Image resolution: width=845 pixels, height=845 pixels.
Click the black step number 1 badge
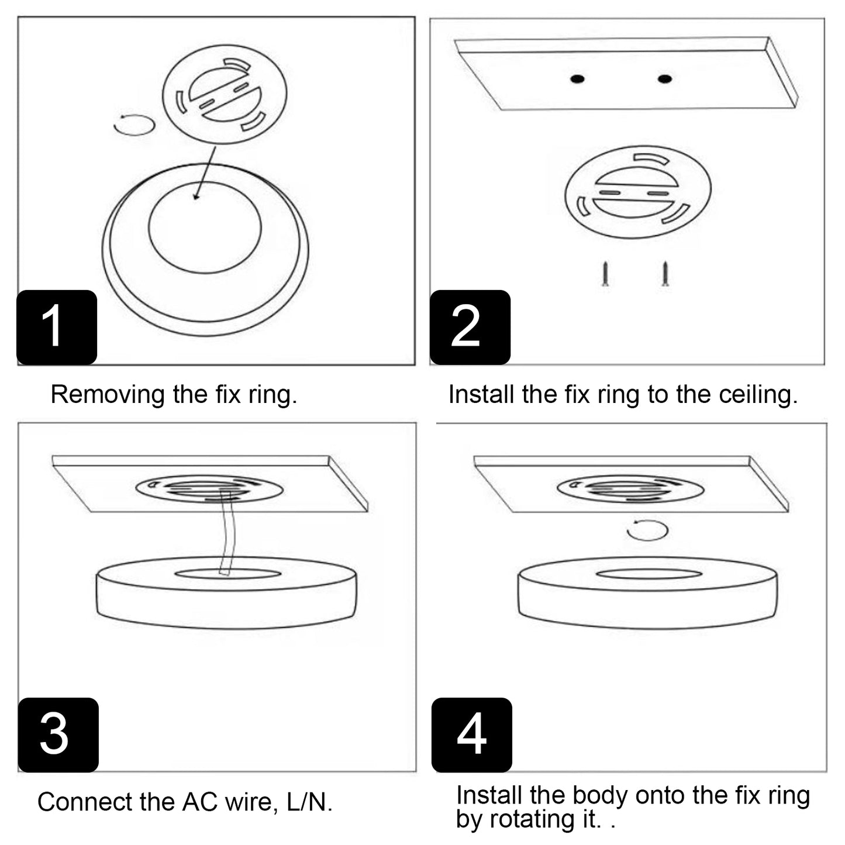tap(56, 327)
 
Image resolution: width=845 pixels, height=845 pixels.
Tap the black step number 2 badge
tap(470, 327)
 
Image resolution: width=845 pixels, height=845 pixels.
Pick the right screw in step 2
tap(664, 274)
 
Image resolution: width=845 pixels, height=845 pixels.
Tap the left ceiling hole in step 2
tap(578, 79)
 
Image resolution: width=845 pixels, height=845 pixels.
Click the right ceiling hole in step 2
tap(664, 78)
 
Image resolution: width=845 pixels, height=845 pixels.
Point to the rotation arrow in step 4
tap(647, 530)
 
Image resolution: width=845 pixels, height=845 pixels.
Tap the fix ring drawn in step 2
tap(637, 192)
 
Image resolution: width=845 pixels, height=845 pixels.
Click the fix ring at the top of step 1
tap(224, 95)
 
